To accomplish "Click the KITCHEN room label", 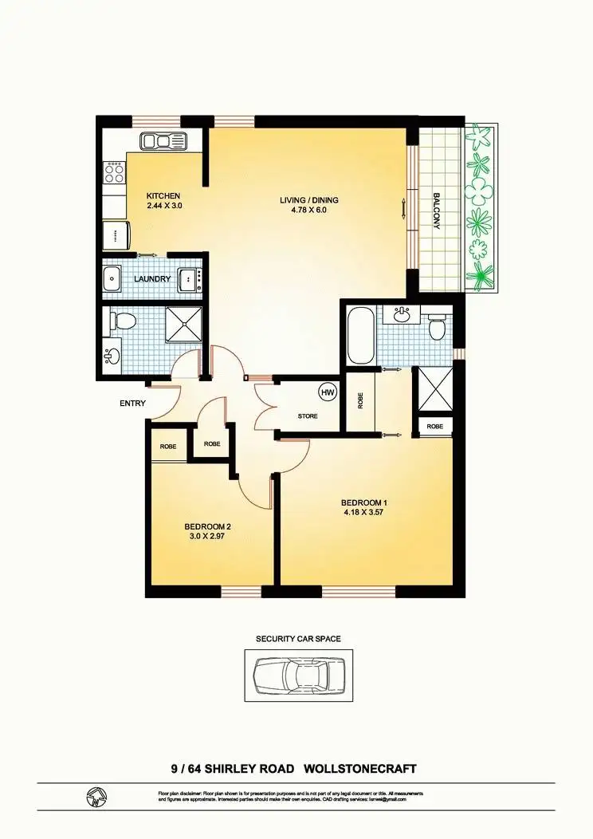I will tap(163, 195).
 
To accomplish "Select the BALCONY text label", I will tap(437, 211).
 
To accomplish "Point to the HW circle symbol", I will tap(327, 392).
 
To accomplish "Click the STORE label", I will tap(308, 416).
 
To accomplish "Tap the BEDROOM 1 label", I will tap(364, 502).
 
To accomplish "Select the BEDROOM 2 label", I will tap(207, 526).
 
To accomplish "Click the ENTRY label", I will tap(132, 404).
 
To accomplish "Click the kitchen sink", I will tap(163, 142).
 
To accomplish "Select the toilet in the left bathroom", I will tap(124, 321).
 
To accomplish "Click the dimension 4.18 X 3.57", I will tap(364, 512).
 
